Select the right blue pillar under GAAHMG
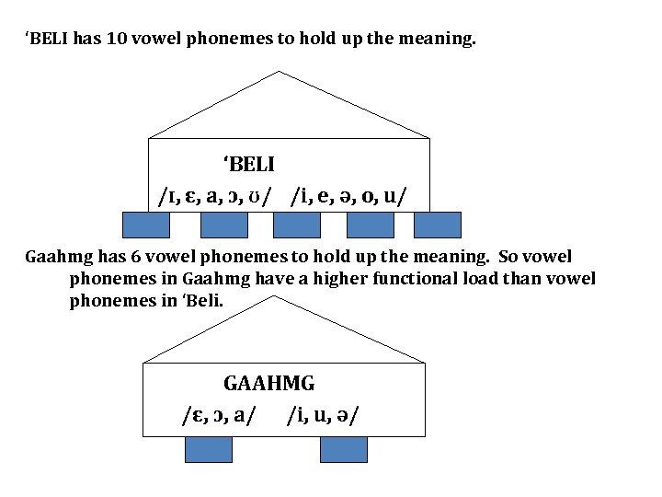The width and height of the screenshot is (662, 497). coord(343,448)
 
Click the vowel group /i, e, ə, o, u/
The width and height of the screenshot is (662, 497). coord(350,196)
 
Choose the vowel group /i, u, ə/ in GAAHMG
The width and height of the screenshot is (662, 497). coord(322,416)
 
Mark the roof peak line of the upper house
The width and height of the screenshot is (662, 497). coord(289,78)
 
